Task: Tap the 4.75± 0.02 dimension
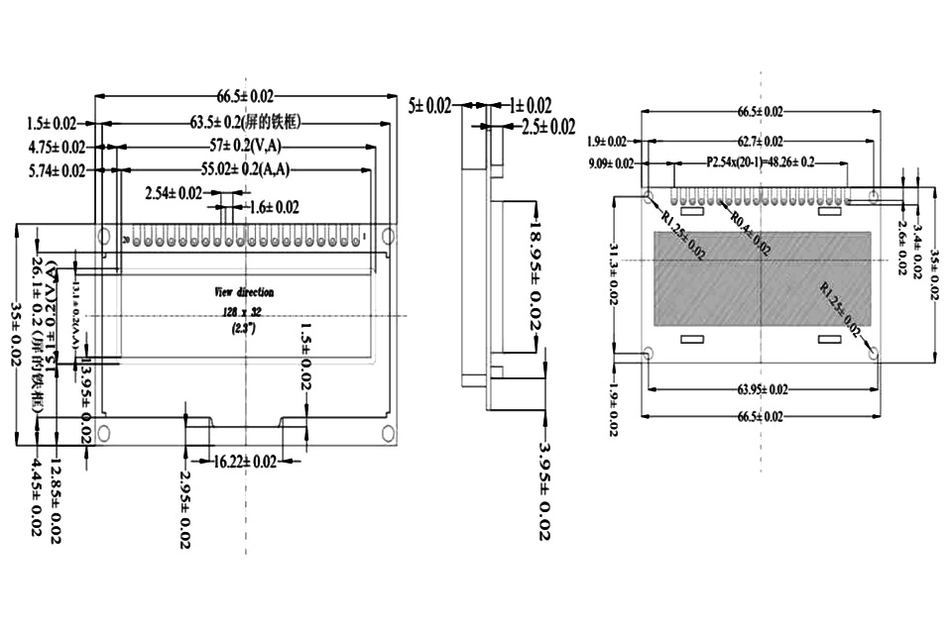[x=57, y=147]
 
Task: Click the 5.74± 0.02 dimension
[x=57, y=170]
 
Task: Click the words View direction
[x=244, y=292]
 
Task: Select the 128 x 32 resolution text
[x=244, y=311]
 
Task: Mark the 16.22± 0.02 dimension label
[x=245, y=461]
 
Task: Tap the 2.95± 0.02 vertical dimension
[x=185, y=509]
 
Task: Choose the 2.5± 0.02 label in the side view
[x=548, y=127]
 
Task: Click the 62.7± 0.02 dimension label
[x=760, y=142]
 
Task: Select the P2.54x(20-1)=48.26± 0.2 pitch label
[x=761, y=162]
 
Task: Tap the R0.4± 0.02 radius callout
[x=750, y=235]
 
